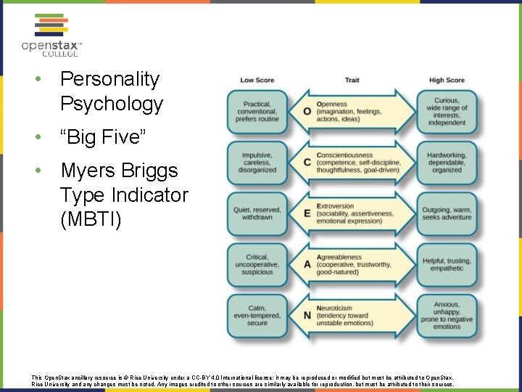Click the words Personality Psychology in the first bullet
click(111, 91)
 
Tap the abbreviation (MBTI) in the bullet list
click(91, 219)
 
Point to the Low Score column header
click(257, 80)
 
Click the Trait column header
click(352, 80)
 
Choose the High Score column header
click(447, 80)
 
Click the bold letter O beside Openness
click(307, 112)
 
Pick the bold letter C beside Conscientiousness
click(307, 163)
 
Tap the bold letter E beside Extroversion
click(307, 213)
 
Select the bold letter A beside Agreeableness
click(307, 265)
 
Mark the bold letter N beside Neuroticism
click(307, 316)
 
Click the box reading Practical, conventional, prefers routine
click(257, 112)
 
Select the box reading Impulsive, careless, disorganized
click(257, 163)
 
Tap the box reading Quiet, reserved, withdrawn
click(257, 213)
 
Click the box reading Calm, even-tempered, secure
click(257, 316)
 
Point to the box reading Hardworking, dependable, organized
click(447, 163)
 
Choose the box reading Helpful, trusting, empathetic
click(447, 265)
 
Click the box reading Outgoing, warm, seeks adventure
click(447, 213)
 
